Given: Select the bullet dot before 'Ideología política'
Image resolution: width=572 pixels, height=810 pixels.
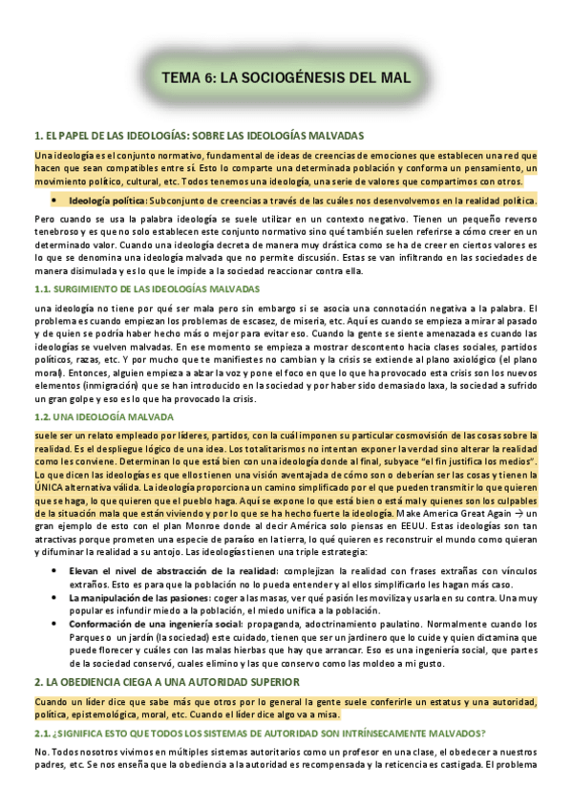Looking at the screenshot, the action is [x=56, y=201].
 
